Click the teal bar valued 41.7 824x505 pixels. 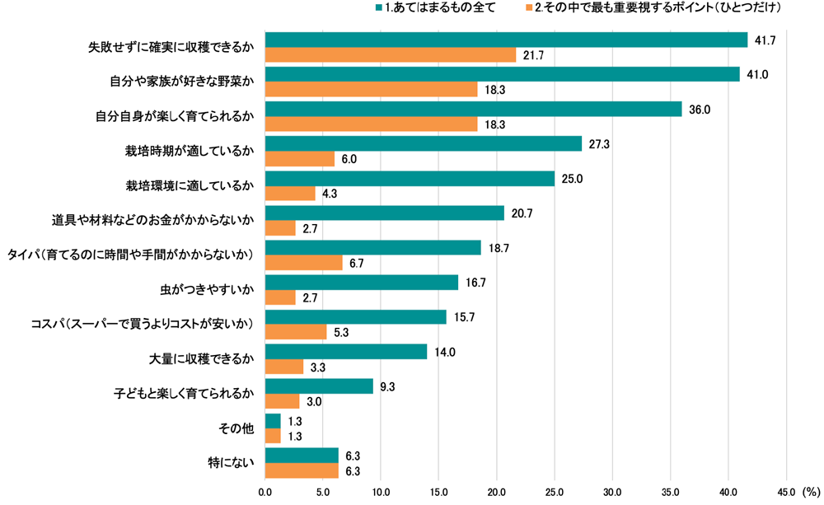tap(506, 40)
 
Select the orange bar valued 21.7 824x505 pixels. tap(391, 55)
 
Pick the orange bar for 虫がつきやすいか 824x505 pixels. tap(281, 297)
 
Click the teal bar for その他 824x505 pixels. tap(273, 421)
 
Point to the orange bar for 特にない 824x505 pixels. tap(302, 470)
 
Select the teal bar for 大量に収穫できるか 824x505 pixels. tap(346, 352)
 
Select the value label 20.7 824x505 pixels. tap(521, 213)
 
